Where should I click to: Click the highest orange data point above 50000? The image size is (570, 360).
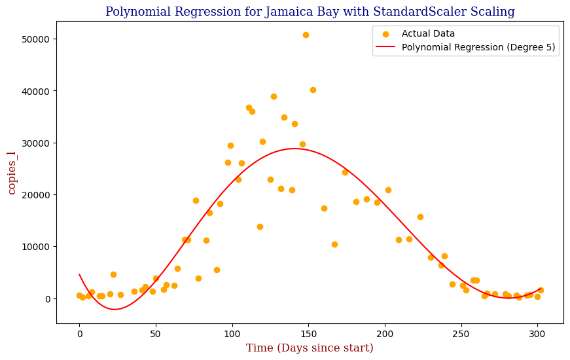coord(306,35)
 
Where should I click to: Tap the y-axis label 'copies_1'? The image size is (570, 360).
coord(12,172)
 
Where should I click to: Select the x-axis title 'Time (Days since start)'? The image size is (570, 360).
coord(310,348)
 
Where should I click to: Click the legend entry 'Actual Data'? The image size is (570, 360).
coord(428,33)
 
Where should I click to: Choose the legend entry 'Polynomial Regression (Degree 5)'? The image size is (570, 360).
coord(479,47)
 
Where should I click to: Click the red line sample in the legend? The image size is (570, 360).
coord(386,47)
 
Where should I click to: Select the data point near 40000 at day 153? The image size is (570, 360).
coord(313,90)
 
